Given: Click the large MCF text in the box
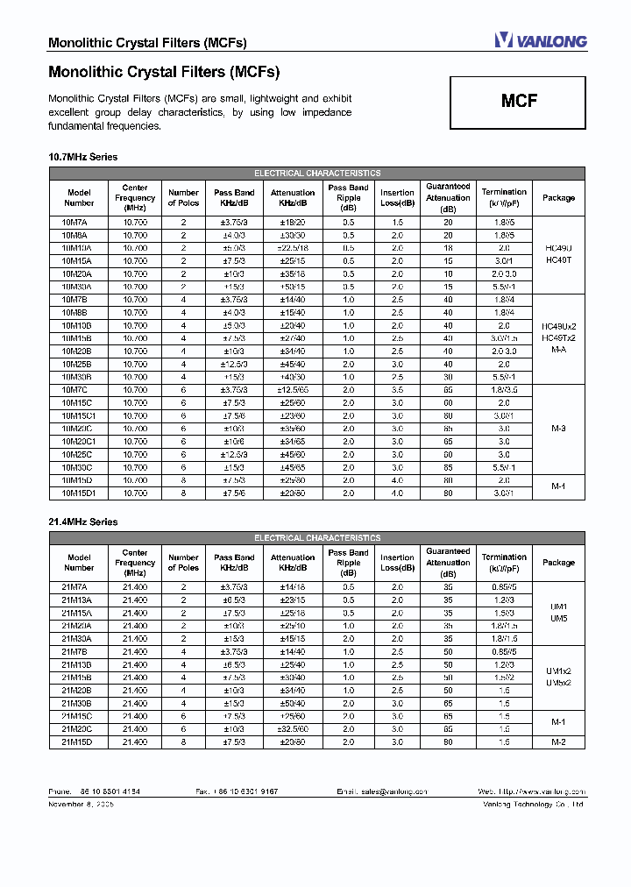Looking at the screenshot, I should [x=519, y=101].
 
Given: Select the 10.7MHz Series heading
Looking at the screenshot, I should [x=82, y=157].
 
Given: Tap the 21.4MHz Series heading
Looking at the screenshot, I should [x=82, y=522].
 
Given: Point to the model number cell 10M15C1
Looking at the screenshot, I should [x=78, y=415].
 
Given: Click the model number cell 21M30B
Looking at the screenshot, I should [x=78, y=704].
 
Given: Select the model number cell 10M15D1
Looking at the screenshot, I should [x=78, y=493].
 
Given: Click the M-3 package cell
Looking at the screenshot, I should [x=558, y=429].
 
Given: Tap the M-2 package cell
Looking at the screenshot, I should [x=558, y=742].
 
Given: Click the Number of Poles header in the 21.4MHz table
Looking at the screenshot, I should [x=183, y=563].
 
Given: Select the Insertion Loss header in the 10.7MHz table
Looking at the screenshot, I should [x=397, y=197].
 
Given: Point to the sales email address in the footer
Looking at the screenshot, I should [x=382, y=791].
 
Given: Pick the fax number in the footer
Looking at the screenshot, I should [x=238, y=791].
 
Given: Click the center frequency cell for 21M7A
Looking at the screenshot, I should [x=135, y=587].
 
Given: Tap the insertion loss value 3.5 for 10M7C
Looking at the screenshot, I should [x=397, y=390].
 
